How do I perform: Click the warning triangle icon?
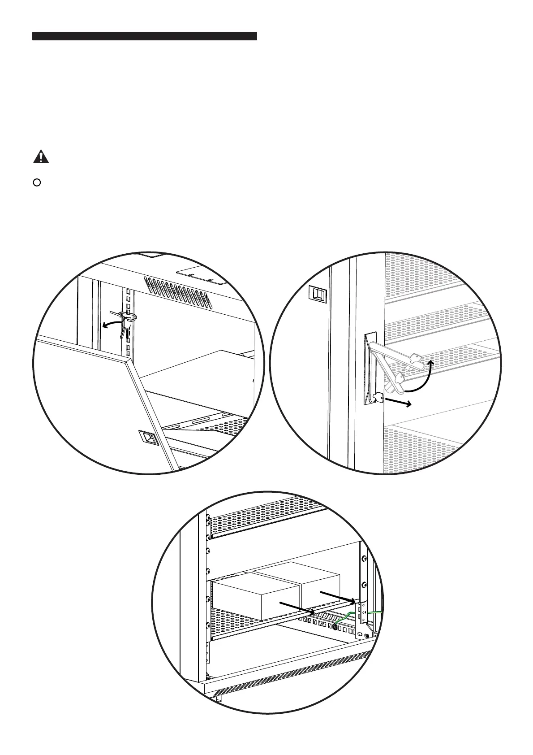[x=41, y=157]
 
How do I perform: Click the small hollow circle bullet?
[x=38, y=182]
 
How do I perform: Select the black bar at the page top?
[x=144, y=36]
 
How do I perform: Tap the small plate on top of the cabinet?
[x=200, y=276]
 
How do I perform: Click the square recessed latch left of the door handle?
[x=318, y=294]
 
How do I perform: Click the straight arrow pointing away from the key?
[x=399, y=402]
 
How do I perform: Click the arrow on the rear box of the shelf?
[x=338, y=597]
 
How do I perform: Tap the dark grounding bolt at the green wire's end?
[x=335, y=627]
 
